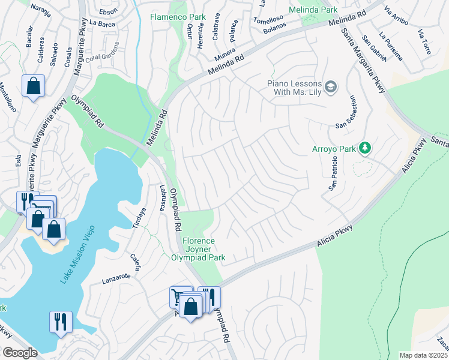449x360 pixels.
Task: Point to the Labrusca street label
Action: [x=162, y=196]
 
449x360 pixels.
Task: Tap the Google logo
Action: [x=20, y=353]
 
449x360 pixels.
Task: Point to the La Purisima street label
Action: [x=390, y=47]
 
